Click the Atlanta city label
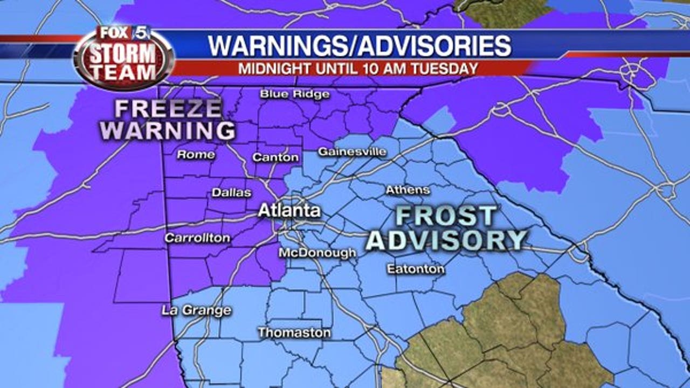coord(289,211)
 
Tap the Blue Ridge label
coord(294,94)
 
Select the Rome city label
coord(196,155)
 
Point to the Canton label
coord(275,157)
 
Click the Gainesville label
coord(352,152)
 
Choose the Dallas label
coord(231,192)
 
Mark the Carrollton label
coord(197,238)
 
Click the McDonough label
coord(317,253)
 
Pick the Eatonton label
coord(416,269)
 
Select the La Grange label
coord(196,310)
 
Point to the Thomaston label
coord(294,332)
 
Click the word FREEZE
coord(169,109)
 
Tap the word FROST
coord(445,217)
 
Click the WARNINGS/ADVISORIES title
coord(360,46)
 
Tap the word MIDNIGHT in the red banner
coord(270,68)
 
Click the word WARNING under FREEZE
coord(169,131)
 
